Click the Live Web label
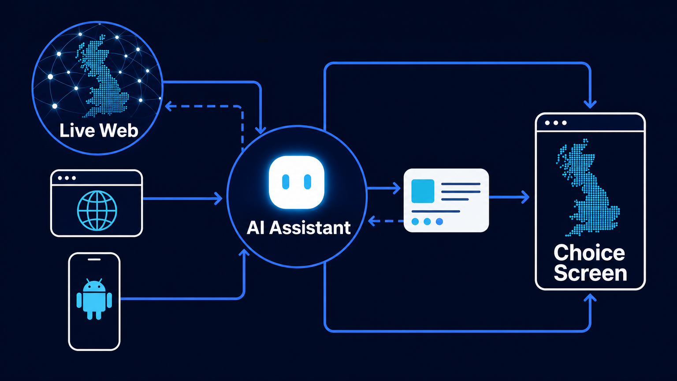pos(99,131)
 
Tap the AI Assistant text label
pos(298,228)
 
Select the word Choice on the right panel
pos(589,253)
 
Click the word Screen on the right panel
pos(590,273)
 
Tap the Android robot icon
pos(94,299)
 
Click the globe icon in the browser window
pos(97,210)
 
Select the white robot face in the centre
pos(297,182)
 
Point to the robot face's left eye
pos(286,182)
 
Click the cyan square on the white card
pos(423,191)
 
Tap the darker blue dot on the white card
pos(439,222)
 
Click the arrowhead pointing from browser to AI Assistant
pos(218,198)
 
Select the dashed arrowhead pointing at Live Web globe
pos(169,106)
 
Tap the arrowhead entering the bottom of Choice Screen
pos(590,298)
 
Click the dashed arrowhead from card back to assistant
pos(372,221)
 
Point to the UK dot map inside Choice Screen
pos(587,187)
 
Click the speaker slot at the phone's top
pos(94,259)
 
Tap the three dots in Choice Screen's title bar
pos(555,123)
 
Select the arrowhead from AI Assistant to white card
pos(397,188)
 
